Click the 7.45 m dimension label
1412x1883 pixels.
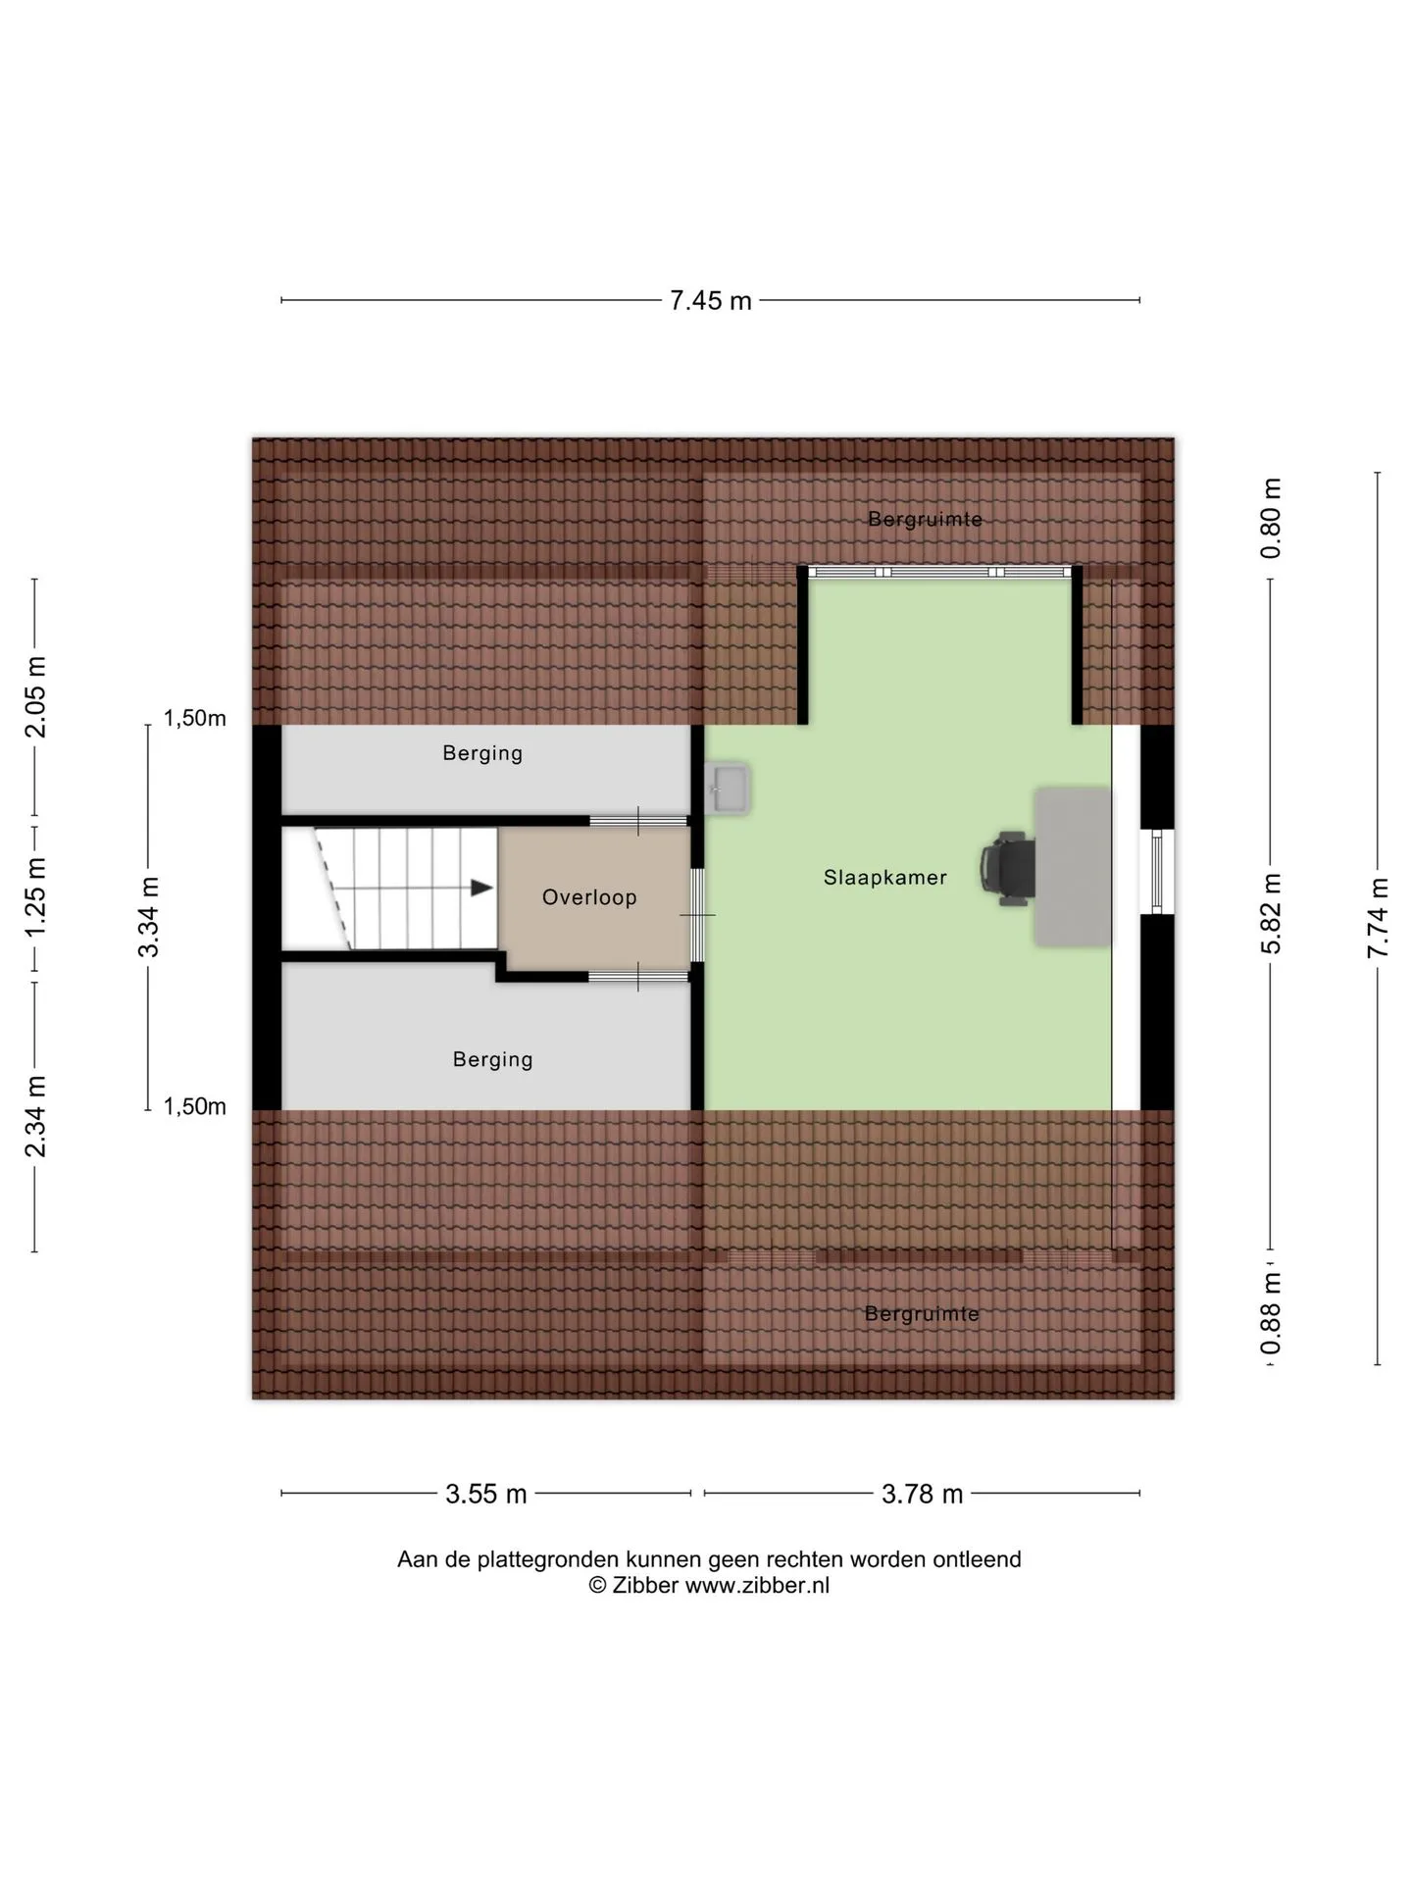point(710,300)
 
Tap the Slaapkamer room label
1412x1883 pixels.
point(884,878)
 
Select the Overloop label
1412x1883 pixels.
point(589,897)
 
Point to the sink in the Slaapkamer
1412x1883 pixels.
point(728,789)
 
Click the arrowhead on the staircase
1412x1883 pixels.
point(481,888)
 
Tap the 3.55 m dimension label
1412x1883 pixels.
point(486,1494)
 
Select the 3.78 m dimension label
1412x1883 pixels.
point(922,1494)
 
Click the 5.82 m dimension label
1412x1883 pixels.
point(1271,913)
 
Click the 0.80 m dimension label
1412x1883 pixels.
point(1271,518)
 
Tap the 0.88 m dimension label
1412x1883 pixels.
point(1271,1313)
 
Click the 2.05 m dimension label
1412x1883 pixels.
point(35,696)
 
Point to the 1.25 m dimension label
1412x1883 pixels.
point(35,895)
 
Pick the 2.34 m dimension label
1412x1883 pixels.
point(35,1116)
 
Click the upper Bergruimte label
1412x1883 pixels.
point(925,519)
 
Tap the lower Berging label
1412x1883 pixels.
point(492,1059)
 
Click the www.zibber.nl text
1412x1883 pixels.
point(757,1586)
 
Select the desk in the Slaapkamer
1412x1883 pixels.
point(1073,866)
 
